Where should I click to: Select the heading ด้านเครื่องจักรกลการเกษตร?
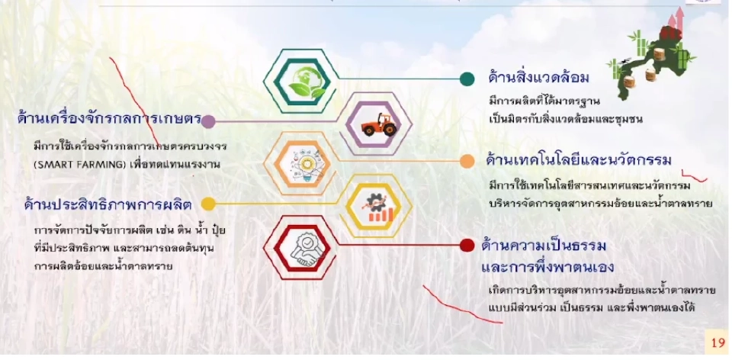pos(108,120)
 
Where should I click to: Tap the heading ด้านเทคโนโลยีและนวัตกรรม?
pos(578,160)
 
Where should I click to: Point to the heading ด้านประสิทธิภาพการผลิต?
pos(107,204)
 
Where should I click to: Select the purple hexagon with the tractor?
pos(379,121)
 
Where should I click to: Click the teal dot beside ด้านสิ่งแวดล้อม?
pos(467,79)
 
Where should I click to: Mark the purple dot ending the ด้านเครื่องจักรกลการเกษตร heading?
pos(208,121)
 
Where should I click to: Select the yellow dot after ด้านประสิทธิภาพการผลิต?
pos(208,204)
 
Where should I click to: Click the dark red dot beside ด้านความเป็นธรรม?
pos(467,246)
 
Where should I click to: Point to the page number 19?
pos(717,342)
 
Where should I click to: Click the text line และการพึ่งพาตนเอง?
pos(547,268)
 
